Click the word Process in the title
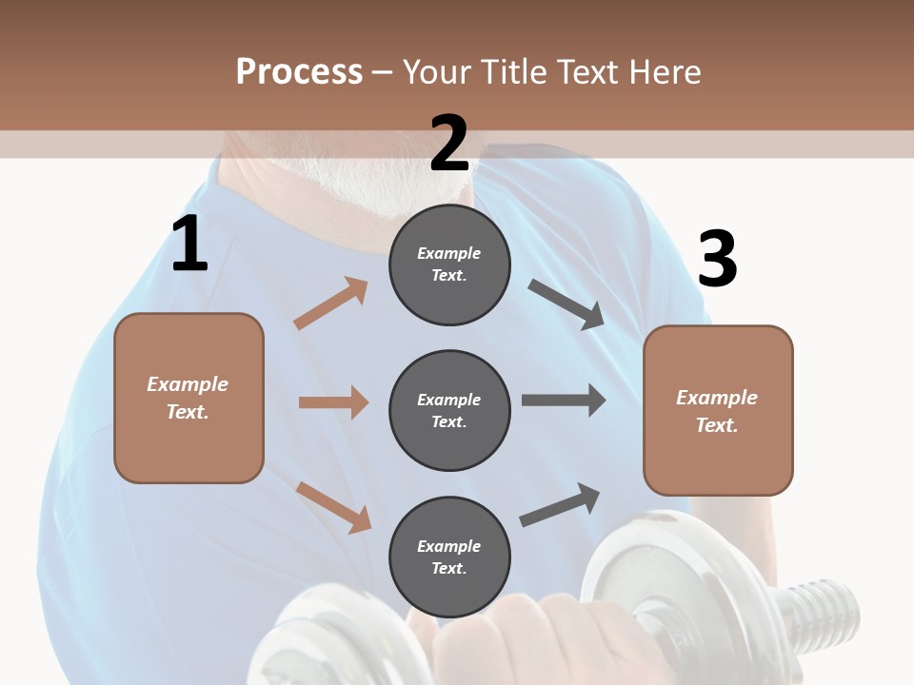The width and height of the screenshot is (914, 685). [x=299, y=71]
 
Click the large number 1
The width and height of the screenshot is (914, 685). [x=189, y=244]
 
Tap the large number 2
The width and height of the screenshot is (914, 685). [x=449, y=144]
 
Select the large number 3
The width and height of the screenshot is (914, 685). [x=717, y=261]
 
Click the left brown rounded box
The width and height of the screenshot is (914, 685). [x=189, y=398]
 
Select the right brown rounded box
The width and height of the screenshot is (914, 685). [x=718, y=410]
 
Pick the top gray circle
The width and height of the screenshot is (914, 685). [x=449, y=264]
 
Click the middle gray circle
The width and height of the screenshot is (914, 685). [x=449, y=410]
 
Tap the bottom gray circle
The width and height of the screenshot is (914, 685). [x=449, y=557]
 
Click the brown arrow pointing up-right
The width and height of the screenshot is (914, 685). [x=331, y=303]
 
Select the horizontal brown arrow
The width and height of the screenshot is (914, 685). [x=333, y=402]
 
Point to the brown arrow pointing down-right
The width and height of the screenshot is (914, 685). [x=333, y=506]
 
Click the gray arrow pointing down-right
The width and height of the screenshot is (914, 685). [x=566, y=304]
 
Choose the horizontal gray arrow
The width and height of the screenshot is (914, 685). [x=564, y=401]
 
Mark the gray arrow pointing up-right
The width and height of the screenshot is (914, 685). [x=560, y=505]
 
